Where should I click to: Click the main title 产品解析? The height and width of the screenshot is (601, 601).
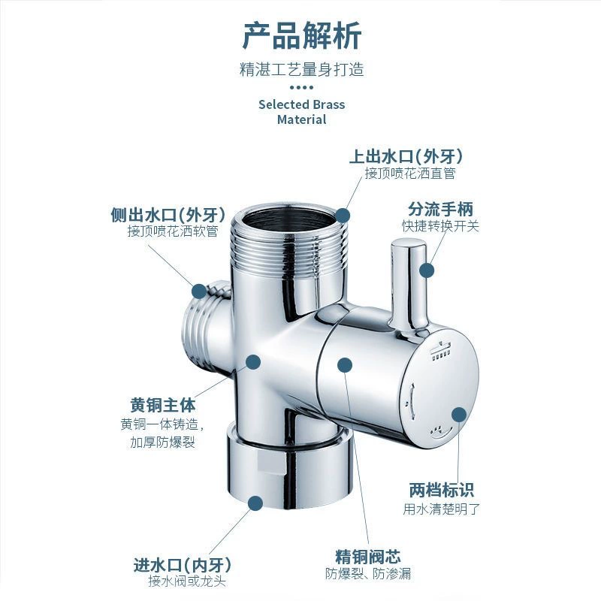pos(302,35)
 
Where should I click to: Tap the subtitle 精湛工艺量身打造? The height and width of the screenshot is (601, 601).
pos(302,70)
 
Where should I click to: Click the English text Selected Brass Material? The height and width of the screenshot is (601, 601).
pos(302,111)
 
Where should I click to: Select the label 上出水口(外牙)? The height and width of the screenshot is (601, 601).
pos(406,156)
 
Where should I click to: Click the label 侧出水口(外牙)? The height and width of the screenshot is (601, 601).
pos(168,214)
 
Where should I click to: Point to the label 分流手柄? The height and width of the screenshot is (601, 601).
pos(440,210)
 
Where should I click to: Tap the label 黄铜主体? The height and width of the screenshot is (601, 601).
pos(163,405)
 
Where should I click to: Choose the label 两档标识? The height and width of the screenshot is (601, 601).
pos(441,490)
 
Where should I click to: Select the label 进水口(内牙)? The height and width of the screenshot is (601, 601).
pos(183,565)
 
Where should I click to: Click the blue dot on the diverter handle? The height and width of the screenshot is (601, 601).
pos(427,270)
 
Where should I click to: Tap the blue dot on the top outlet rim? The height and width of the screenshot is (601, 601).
pos(343,216)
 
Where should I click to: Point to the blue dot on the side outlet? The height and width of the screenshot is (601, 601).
pos(199,291)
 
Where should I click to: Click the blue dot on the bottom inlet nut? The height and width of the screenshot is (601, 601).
pos(255,503)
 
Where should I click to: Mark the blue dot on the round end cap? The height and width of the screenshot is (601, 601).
pos(459,415)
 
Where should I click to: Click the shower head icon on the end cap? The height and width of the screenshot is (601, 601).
pos(440,350)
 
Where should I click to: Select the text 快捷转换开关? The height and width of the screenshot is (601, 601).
pos(440,226)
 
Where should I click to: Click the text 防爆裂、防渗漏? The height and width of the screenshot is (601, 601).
pos(368,573)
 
